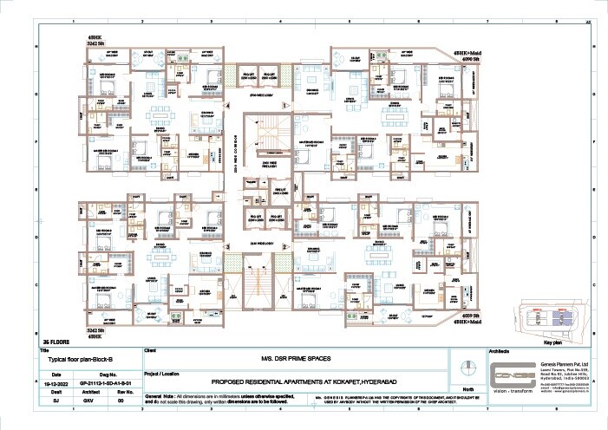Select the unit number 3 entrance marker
(x=227, y=246)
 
